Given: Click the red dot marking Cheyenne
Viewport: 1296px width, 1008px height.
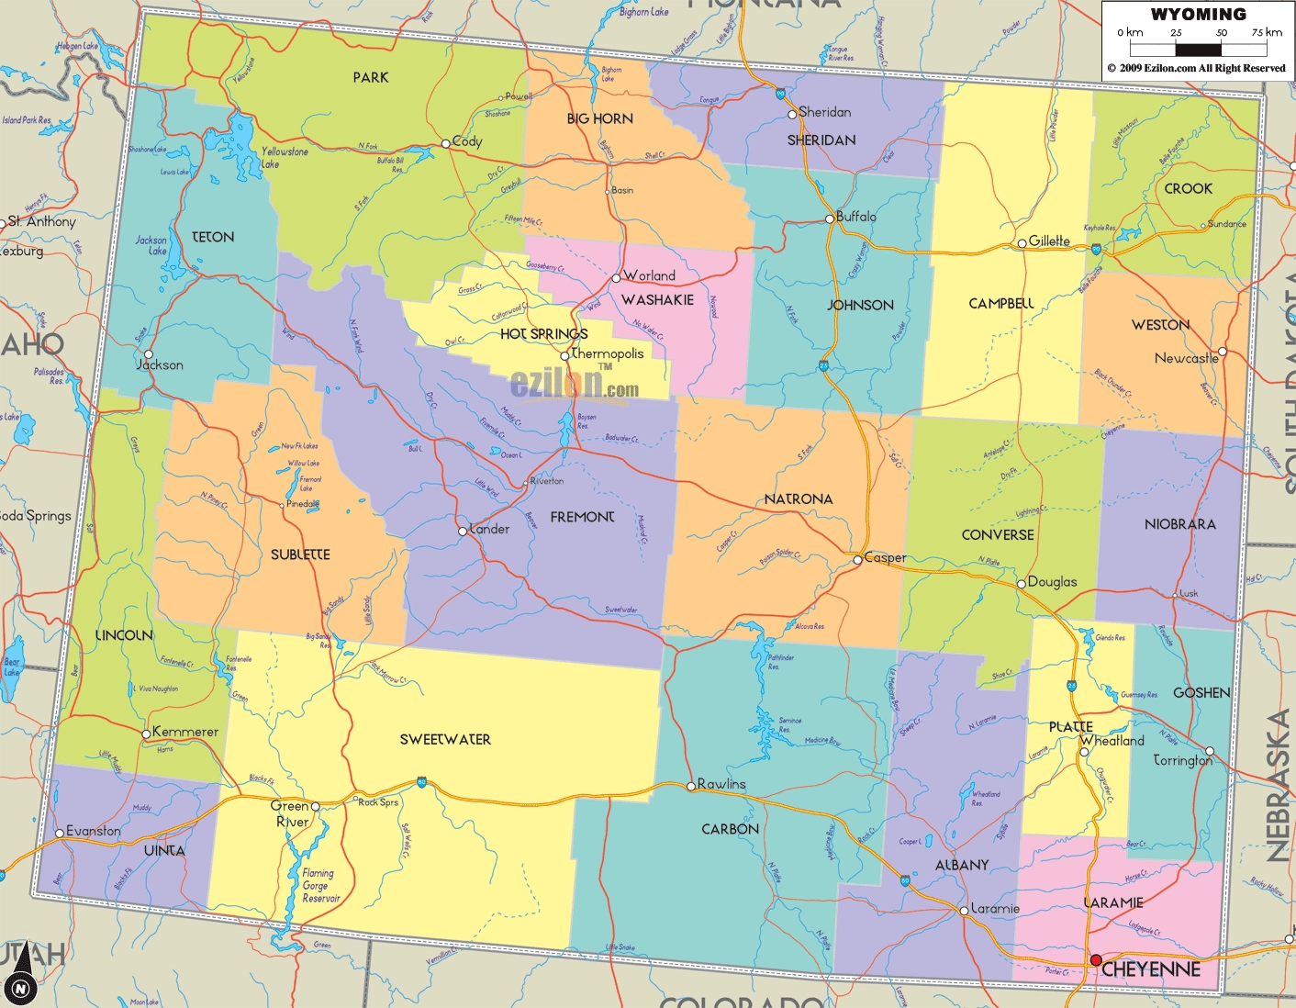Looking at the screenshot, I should point(1096,960).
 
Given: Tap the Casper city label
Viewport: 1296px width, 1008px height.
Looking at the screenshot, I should point(885,557).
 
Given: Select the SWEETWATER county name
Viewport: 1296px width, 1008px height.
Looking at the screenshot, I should point(445,739).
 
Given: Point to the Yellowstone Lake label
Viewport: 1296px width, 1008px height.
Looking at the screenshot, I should point(284,157).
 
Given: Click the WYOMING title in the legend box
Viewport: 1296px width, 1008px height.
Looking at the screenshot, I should point(1198,15).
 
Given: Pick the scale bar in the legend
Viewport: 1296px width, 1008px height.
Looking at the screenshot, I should point(1198,50).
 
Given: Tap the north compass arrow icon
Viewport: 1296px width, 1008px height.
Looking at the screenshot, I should point(21,973).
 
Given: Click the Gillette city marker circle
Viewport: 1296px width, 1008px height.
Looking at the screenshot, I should point(1022,243).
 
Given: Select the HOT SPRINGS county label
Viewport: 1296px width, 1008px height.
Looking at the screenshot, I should point(543,334).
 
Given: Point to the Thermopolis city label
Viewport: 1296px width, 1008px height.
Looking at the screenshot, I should point(607,353).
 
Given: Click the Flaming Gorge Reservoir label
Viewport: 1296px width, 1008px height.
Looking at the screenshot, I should point(320,886).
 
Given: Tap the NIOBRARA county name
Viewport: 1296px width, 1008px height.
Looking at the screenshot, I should point(1179,524).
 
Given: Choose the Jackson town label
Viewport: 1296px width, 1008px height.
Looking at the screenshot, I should point(160,364).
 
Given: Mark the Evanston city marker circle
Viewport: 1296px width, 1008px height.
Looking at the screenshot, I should point(60,834).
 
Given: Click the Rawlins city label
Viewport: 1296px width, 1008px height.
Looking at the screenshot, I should point(721,784).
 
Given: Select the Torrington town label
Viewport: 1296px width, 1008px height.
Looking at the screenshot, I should point(1182,760).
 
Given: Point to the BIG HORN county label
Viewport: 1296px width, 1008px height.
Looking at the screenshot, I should point(599,118).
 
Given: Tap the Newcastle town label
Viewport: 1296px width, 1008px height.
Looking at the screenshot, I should point(1186,358).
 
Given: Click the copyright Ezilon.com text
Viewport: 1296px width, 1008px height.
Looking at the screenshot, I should point(1197,68).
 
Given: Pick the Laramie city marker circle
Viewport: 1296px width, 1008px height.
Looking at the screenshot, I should point(964,911).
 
